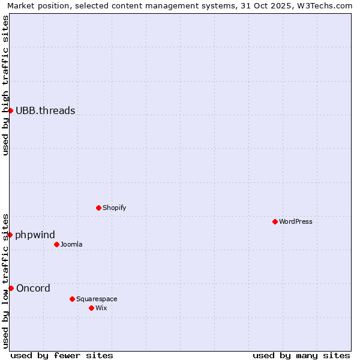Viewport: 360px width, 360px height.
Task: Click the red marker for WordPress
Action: pos(275,221)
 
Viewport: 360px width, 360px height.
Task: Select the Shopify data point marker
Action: pos(98,208)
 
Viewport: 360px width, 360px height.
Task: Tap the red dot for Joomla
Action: pos(56,244)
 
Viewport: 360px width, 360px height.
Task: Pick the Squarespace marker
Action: pos(72,299)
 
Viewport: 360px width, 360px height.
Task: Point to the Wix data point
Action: pos(91,308)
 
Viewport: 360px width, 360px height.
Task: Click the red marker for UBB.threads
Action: pos(10,110)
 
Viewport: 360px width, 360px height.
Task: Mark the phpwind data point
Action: pos(10,235)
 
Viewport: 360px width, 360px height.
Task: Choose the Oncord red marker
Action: pos(11,288)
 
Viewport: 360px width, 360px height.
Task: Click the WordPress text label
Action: pos(296,221)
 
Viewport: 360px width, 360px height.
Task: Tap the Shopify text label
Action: pos(114,208)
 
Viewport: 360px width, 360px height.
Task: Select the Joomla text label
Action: pos(71,244)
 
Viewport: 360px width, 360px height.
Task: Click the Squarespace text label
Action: pos(97,299)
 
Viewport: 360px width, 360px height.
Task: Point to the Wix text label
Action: pos(101,308)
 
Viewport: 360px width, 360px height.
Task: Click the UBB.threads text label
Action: pos(46,110)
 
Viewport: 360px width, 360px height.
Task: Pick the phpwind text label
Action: pos(35,235)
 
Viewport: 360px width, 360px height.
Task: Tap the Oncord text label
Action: pos(34,288)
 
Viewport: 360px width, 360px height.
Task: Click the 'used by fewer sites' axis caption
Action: pos(62,355)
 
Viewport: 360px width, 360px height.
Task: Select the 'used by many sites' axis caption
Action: pos(301,355)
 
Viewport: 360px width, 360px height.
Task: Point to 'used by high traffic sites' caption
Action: pos(5,85)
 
